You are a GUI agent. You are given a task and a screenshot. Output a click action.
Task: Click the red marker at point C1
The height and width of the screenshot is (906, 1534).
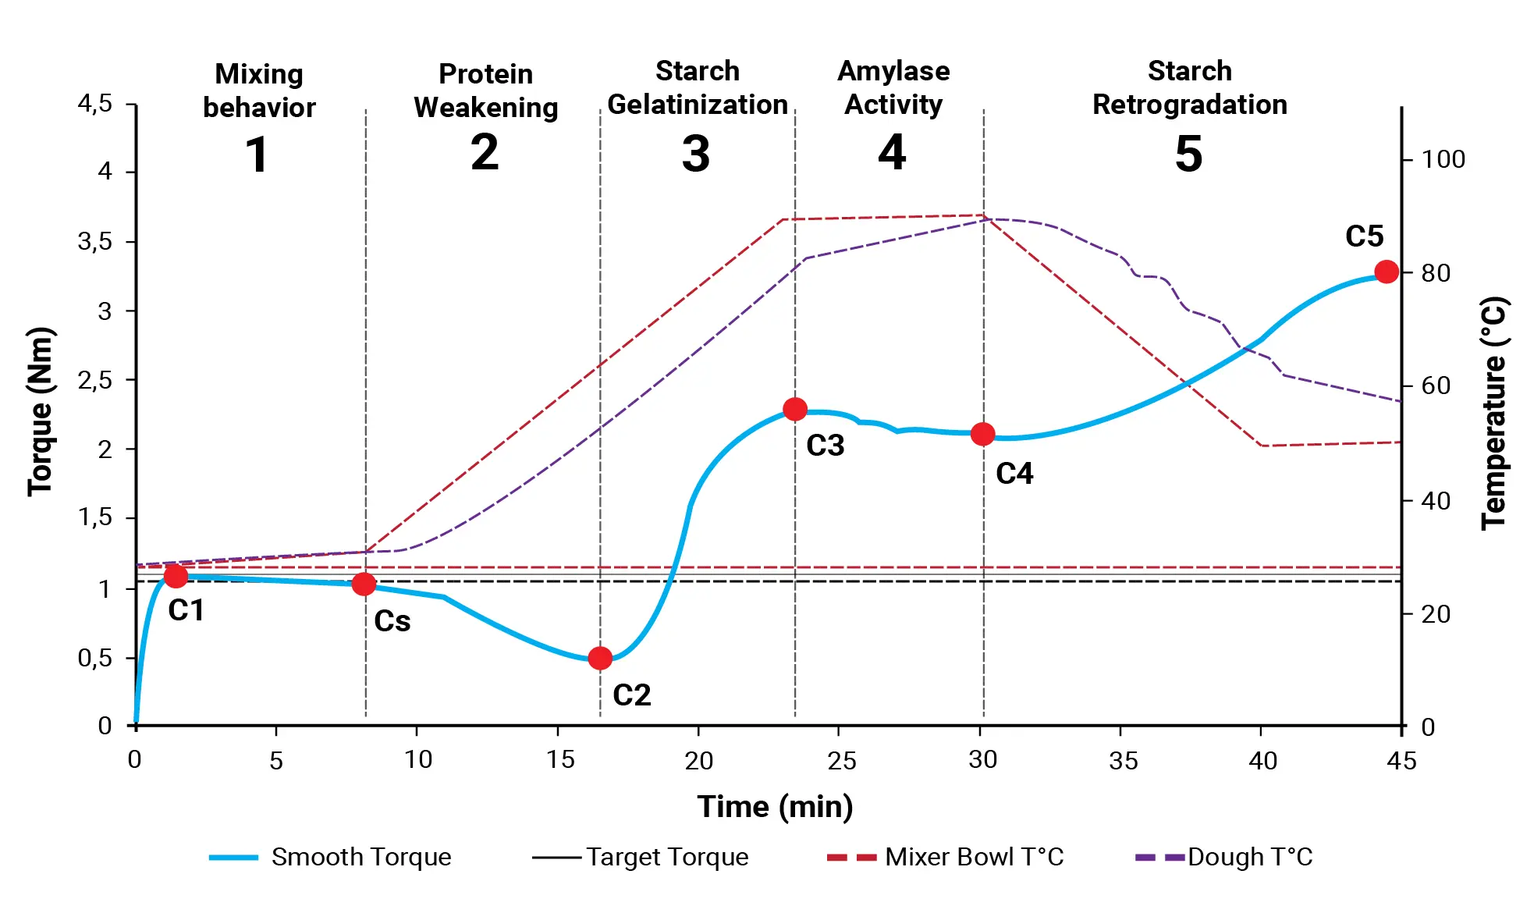coord(176,576)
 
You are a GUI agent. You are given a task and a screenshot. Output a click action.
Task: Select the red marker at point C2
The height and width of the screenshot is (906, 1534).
coord(600,659)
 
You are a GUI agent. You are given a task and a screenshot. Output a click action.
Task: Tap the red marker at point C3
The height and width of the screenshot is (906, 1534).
coord(794,409)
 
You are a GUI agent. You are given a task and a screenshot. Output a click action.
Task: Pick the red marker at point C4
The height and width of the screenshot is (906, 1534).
coord(982,434)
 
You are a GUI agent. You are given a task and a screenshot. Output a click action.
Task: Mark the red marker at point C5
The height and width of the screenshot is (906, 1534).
coord(1386,272)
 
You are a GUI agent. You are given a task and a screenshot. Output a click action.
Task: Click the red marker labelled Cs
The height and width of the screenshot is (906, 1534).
coord(364,584)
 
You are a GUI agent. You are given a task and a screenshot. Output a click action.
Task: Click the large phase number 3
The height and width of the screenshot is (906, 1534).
coord(696,154)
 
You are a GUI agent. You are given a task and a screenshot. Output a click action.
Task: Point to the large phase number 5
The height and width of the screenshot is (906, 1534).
coord(1188,154)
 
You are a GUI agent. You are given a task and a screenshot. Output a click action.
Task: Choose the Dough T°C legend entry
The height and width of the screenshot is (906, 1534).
coord(1224,857)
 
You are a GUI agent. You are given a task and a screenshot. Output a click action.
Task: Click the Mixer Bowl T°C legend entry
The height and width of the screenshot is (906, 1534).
coord(945,857)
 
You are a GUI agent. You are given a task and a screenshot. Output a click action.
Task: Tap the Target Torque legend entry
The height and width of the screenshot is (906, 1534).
coord(640,857)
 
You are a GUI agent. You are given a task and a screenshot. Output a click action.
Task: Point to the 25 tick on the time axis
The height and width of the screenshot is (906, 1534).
coord(841,760)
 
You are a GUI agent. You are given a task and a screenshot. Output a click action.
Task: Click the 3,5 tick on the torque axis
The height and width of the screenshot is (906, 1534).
coord(95,242)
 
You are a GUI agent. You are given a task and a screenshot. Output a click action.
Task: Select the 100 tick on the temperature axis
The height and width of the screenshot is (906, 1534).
coord(1443,160)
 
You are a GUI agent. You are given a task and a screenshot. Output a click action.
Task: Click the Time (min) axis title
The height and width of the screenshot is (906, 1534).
coord(775,806)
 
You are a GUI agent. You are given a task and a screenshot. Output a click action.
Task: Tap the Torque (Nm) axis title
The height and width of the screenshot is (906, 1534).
coord(40,411)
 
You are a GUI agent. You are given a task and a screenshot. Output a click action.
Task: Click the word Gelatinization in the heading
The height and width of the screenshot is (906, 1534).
coord(698,105)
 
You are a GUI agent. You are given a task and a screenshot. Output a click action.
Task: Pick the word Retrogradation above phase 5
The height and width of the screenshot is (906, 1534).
coord(1189,105)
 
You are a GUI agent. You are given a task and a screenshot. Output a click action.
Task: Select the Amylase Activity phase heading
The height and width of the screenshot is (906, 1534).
coord(893,87)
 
